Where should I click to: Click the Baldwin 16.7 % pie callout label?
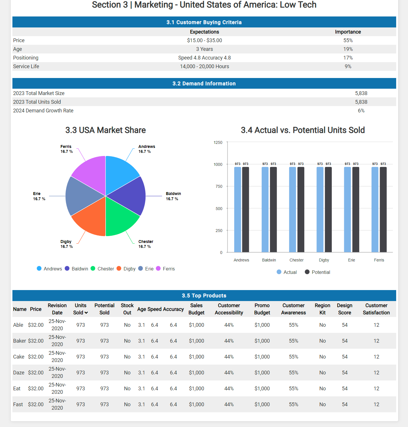click(x=173, y=196)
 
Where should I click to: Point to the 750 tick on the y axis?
click(x=219, y=186)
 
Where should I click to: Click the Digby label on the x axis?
click(x=324, y=260)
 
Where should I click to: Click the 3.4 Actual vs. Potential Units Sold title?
click(x=303, y=130)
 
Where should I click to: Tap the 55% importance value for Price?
click(x=348, y=40)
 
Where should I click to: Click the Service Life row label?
click(x=26, y=66)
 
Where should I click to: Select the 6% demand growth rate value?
click(x=361, y=111)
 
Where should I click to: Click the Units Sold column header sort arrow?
click(x=86, y=313)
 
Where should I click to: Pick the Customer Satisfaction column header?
click(x=376, y=309)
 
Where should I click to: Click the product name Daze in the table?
click(x=19, y=373)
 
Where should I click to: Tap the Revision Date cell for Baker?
click(x=57, y=341)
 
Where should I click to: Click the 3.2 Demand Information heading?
click(x=204, y=83)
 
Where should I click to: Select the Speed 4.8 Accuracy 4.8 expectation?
click(x=204, y=58)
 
